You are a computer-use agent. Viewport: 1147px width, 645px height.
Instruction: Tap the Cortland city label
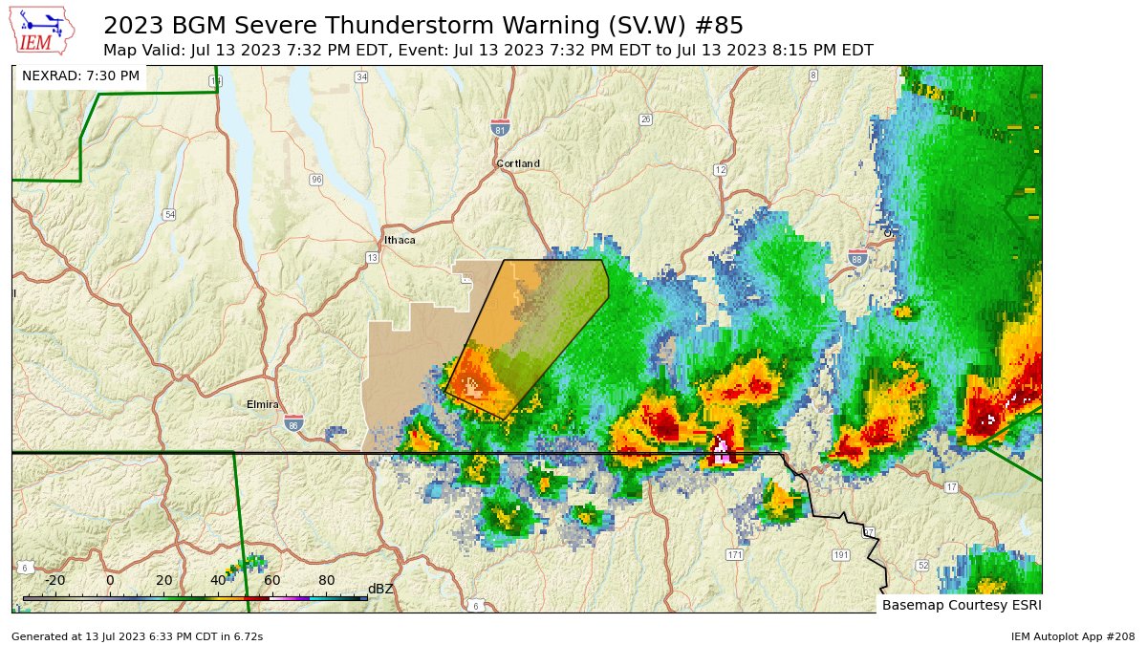[x=518, y=163]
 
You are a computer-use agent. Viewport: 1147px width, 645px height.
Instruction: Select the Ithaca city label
[x=400, y=240]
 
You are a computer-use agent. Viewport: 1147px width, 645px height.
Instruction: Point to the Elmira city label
[x=262, y=404]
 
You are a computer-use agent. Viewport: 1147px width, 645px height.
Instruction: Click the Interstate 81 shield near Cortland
[x=499, y=127]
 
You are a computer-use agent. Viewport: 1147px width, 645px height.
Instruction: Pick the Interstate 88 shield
[x=857, y=258]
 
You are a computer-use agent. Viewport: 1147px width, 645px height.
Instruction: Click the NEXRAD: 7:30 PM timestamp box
[x=80, y=75]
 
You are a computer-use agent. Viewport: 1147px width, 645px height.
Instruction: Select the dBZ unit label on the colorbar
[x=380, y=589]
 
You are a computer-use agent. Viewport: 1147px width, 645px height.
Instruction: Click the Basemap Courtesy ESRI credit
[x=961, y=605]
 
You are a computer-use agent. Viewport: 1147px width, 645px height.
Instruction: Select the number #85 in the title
[x=718, y=25]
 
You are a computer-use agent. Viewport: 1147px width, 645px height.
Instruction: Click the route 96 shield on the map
[x=316, y=180]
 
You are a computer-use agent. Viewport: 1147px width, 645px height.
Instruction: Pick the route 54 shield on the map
[x=169, y=214]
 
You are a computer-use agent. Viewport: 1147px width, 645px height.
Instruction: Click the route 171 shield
[x=734, y=554]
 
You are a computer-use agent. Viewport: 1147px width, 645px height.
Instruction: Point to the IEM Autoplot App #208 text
[x=1071, y=635]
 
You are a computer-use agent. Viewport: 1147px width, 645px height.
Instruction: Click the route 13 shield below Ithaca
[x=372, y=258]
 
